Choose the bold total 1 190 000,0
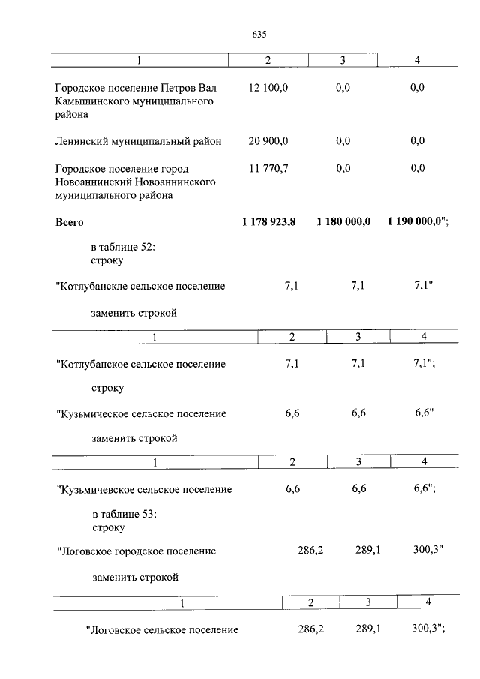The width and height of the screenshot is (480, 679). tap(417, 223)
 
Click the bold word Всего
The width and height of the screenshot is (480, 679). tap(70, 223)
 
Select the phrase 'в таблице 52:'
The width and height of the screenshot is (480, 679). tap(123, 248)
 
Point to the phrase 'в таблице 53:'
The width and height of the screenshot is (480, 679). tap(124, 514)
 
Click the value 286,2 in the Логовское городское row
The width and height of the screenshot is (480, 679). tap(310, 551)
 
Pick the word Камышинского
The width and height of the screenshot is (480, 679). tap(91, 101)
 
